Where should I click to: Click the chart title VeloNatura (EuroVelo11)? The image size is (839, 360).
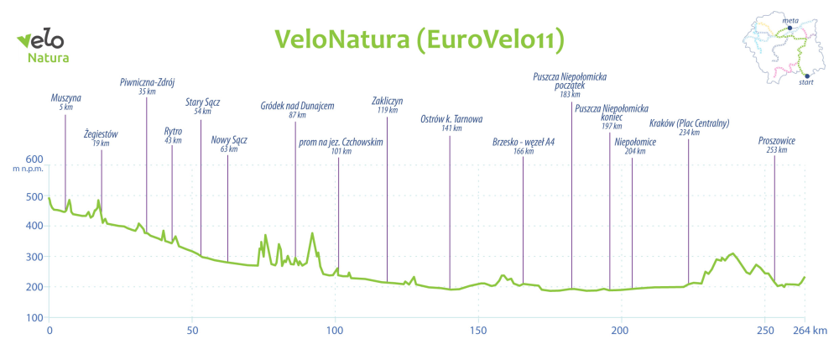pyautogui.click(x=419, y=39)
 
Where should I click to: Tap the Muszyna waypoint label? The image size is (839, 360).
pyautogui.click(x=65, y=98)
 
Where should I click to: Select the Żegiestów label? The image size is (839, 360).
pyautogui.click(x=102, y=133)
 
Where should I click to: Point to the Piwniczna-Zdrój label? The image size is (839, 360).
pyautogui.click(x=147, y=82)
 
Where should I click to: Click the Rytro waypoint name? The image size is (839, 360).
pyautogui.click(x=173, y=131)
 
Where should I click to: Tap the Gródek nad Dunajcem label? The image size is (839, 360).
pyautogui.click(x=297, y=106)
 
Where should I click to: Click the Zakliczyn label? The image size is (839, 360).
pyautogui.click(x=387, y=101)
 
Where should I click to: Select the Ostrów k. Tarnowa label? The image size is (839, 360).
pyautogui.click(x=451, y=119)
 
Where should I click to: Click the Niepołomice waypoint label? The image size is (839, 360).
pyautogui.click(x=635, y=142)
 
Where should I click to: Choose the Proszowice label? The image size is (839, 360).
pyautogui.click(x=776, y=141)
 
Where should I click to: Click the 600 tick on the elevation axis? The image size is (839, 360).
pyautogui.click(x=34, y=159)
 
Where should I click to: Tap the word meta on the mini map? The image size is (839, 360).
pyautogui.click(x=789, y=18)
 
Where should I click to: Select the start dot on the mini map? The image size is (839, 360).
pyautogui.click(x=806, y=76)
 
